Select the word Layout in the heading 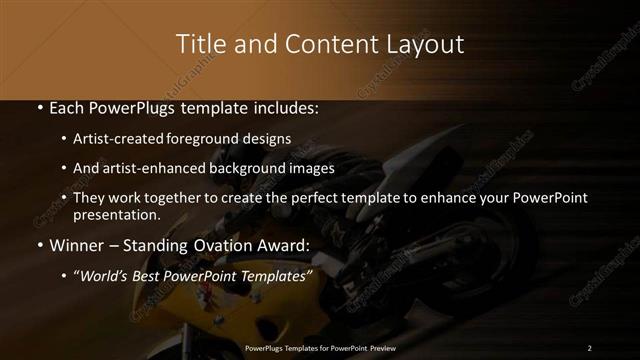[x=428, y=45]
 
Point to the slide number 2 [x=589, y=347]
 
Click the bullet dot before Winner [x=38, y=244]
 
